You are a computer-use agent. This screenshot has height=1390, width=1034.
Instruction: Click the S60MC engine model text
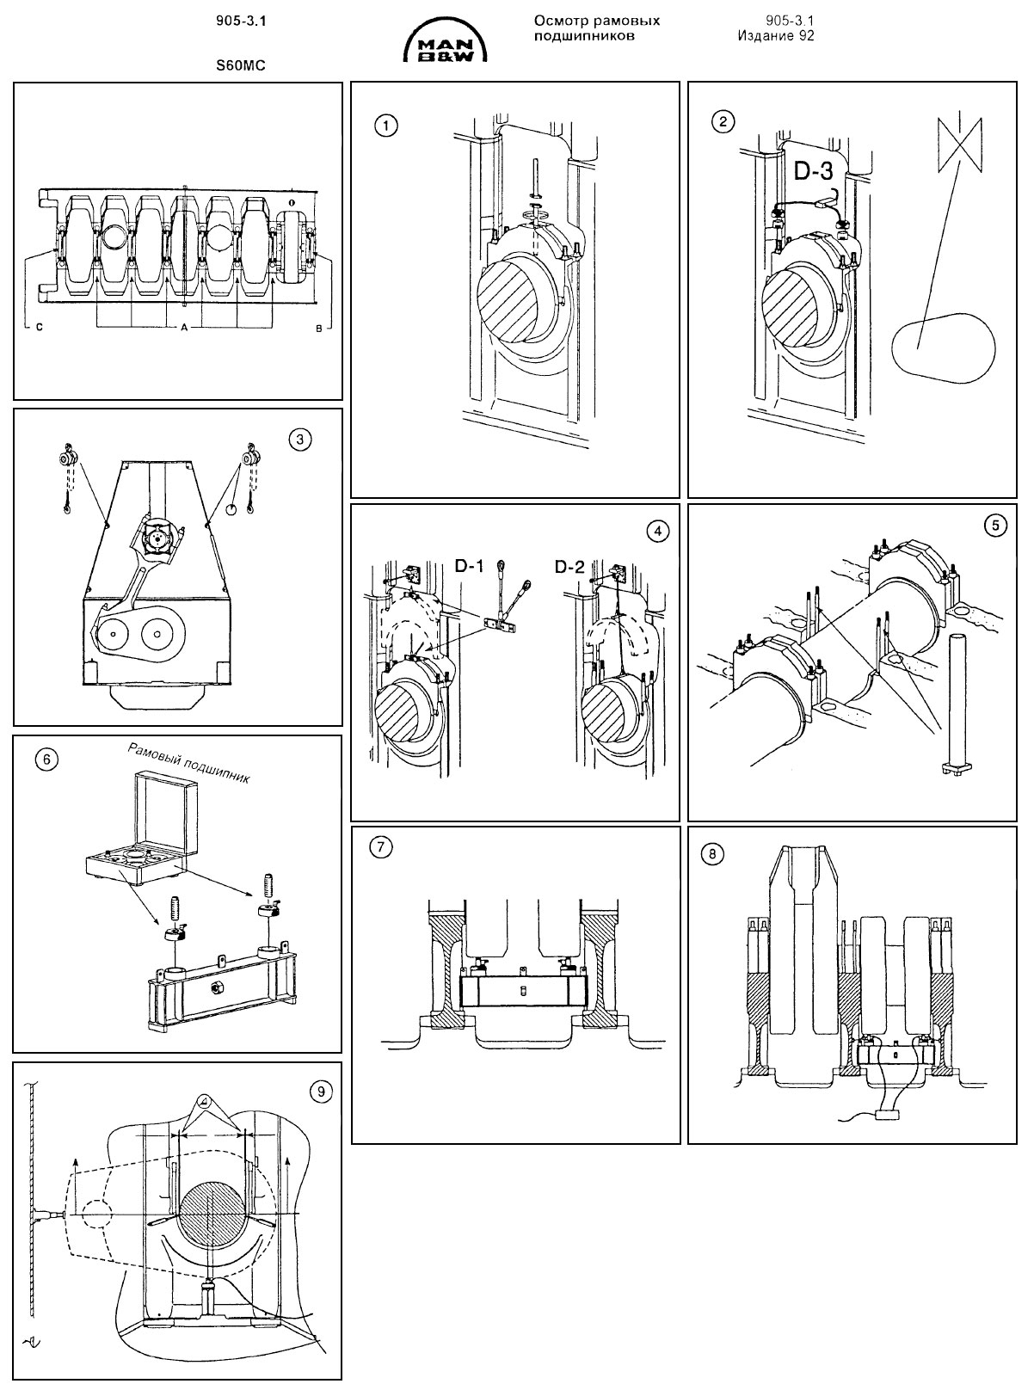(241, 66)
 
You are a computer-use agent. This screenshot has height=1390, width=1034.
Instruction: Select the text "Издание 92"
(776, 36)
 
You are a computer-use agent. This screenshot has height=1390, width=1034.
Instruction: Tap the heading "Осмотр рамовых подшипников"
(596, 28)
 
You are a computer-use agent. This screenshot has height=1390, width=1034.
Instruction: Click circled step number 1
(385, 126)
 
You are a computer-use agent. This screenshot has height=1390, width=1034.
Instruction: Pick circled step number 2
(723, 121)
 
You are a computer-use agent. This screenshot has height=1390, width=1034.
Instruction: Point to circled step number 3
(299, 440)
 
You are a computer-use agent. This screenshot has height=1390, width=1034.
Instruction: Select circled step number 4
(657, 532)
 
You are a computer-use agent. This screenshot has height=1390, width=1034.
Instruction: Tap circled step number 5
(996, 526)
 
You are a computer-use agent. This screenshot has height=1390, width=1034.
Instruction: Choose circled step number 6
(47, 760)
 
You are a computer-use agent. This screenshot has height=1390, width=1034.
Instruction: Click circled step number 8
(713, 854)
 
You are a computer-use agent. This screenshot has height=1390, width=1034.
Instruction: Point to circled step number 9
(321, 1092)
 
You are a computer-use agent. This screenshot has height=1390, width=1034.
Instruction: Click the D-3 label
(813, 170)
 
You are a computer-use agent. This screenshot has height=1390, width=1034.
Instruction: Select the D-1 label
(470, 567)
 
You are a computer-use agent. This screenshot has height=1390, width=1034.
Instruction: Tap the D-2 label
(569, 567)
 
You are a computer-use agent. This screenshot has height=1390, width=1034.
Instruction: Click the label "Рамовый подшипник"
(188, 763)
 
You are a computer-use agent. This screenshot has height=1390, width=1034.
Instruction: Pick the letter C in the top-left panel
(40, 328)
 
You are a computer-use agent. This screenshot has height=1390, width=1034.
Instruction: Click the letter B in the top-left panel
(318, 329)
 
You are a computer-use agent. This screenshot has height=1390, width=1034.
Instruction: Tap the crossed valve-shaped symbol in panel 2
(959, 145)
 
